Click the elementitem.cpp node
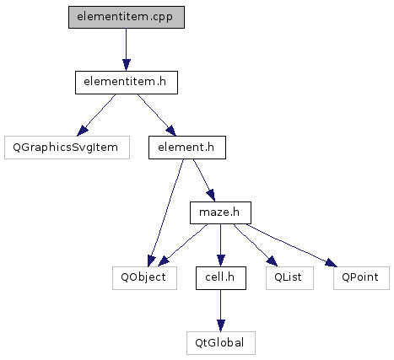[127, 17]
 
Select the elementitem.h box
[127, 83]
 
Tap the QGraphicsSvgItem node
[67, 148]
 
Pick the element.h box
[187, 148]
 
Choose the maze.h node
[220, 212]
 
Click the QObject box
[144, 278]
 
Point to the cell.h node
[221, 278]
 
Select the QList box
[289, 278]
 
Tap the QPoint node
[361, 278]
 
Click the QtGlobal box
[221, 343]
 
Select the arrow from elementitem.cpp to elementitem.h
[127, 50]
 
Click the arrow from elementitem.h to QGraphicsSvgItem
[96, 115]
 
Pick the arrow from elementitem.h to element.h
[156, 115]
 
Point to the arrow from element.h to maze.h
[204, 180]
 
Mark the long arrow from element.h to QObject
[166, 212]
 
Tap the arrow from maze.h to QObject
[183, 245]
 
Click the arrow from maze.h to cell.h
[221, 245]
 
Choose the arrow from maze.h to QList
[256, 245]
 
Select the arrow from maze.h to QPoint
[291, 245]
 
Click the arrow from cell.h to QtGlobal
[221, 310]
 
